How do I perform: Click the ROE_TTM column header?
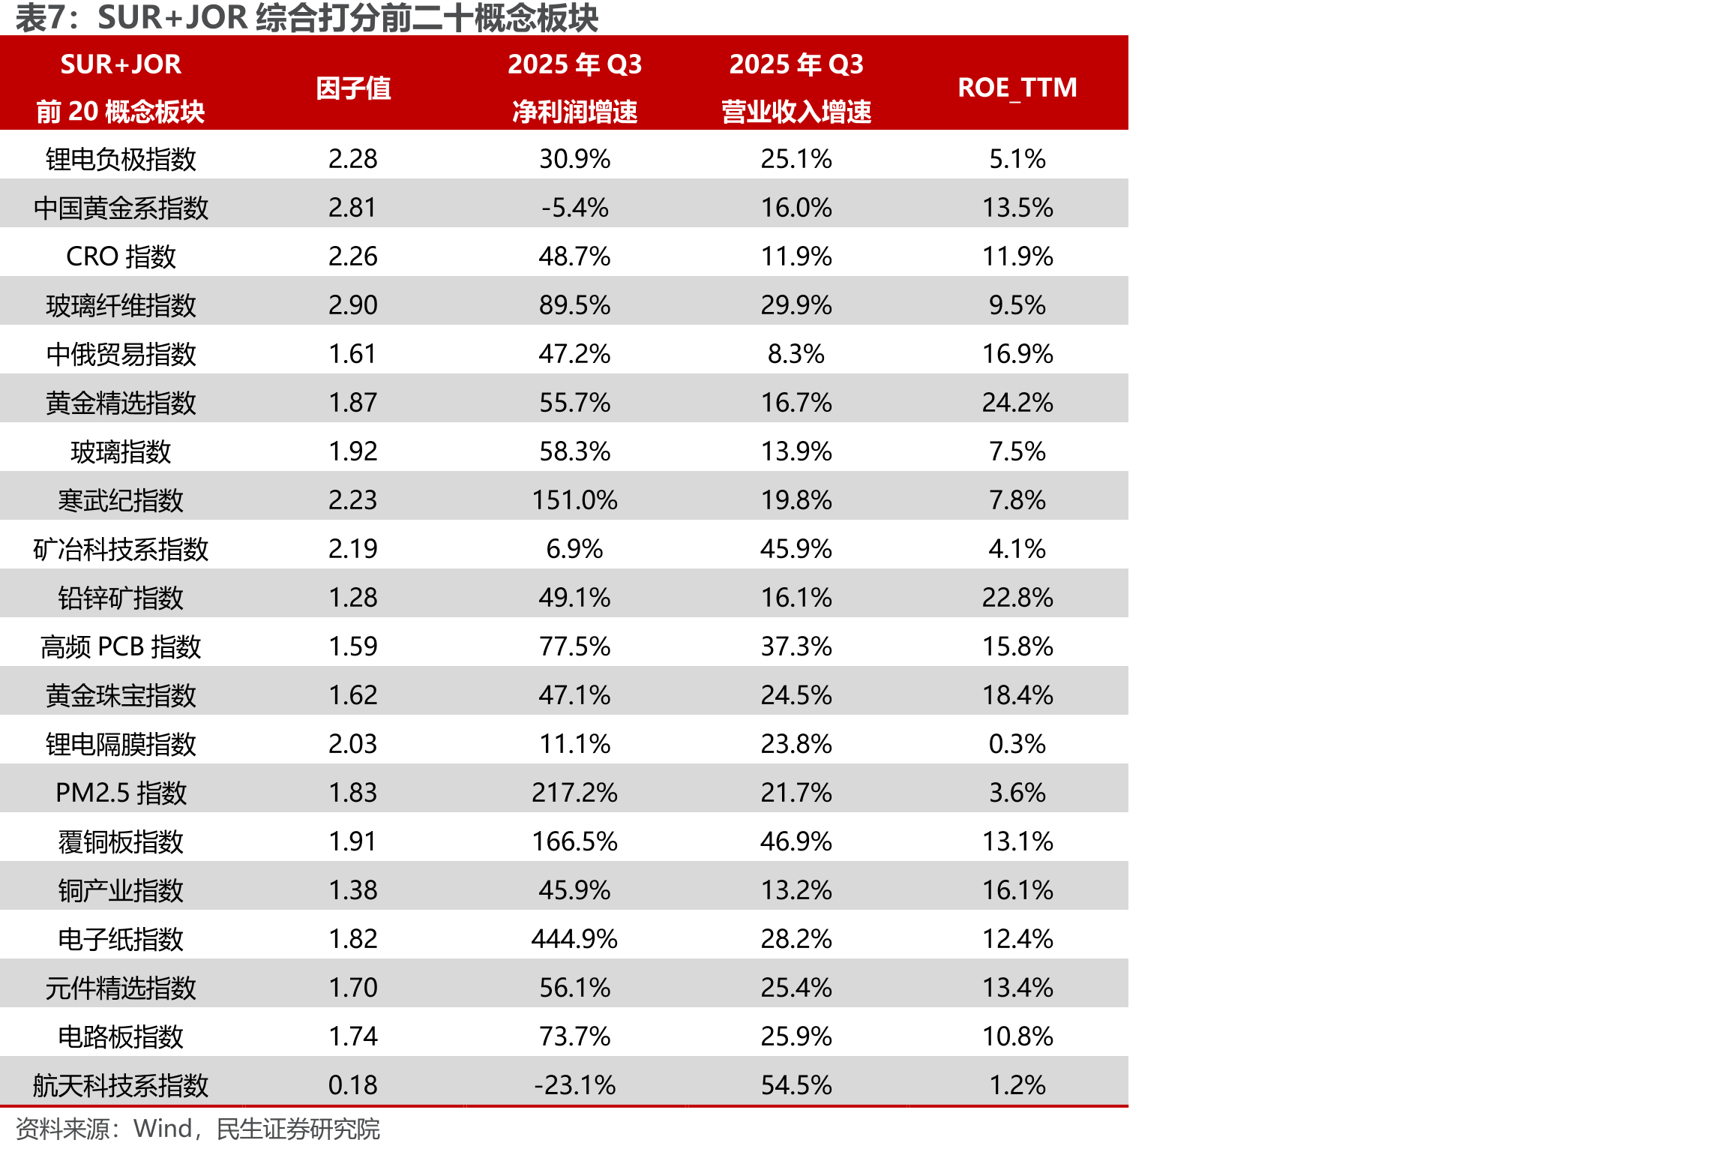tap(1017, 88)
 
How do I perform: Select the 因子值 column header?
tap(353, 88)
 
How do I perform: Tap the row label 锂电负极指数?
tap(121, 159)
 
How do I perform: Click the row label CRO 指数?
tap(121, 256)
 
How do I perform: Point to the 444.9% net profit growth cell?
tap(574, 938)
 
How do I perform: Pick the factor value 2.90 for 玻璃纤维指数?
tap(353, 305)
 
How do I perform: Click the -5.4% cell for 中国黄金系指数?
tap(574, 208)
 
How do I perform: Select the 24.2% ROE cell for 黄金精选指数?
tap(1017, 403)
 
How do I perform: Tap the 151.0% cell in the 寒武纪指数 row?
tap(574, 500)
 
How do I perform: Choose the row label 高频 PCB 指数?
tap(121, 646)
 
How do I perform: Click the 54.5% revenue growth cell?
tap(796, 1085)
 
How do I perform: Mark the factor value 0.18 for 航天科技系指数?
tap(353, 1085)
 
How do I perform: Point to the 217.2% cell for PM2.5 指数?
tap(574, 793)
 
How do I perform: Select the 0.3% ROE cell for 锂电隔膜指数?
tap(1017, 744)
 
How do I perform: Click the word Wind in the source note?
tap(163, 1128)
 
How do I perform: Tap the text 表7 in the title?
tap(42, 18)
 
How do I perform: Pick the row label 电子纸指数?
tap(121, 939)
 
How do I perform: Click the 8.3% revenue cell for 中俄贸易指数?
tap(796, 354)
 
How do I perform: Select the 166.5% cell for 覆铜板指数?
tap(574, 841)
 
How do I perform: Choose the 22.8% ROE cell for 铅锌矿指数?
tap(1017, 598)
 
